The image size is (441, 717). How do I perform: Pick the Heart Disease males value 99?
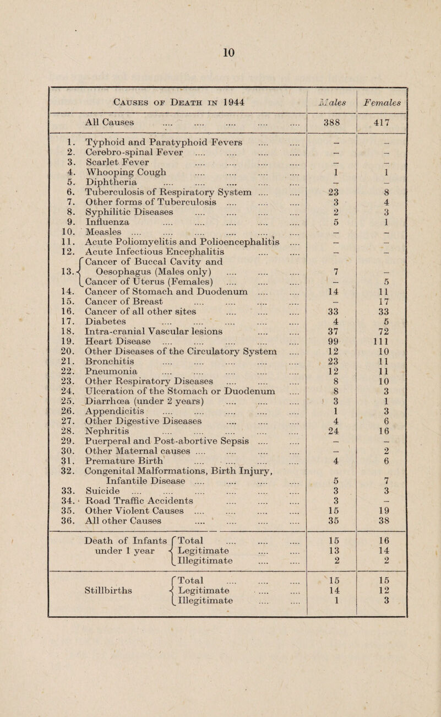click(324, 355)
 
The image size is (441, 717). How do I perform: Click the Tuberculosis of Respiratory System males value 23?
click(324, 213)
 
